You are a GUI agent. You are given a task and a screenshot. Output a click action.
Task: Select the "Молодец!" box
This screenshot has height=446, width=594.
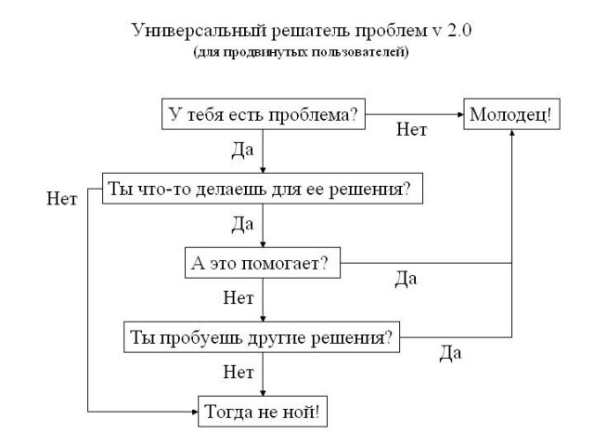click(510, 115)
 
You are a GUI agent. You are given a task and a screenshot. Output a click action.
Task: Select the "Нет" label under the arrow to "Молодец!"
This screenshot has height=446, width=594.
click(411, 131)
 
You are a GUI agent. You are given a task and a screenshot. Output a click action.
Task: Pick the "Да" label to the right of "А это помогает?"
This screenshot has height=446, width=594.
click(406, 280)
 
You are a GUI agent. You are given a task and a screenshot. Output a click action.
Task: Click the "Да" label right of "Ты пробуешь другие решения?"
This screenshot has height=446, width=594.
click(450, 353)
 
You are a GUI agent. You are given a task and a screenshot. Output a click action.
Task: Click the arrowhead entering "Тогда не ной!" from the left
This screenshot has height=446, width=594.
click(196, 411)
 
